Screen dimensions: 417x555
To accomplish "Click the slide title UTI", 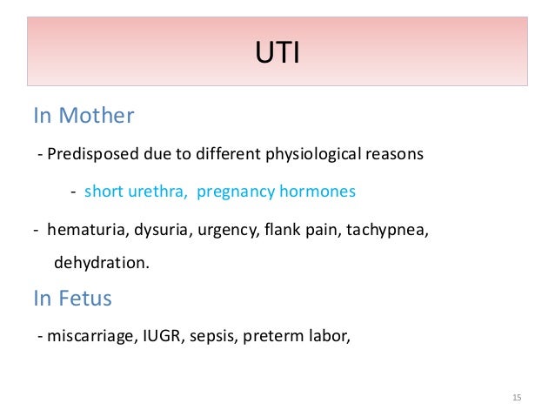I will click(x=277, y=57).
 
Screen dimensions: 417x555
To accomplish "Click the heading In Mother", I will click(x=84, y=116).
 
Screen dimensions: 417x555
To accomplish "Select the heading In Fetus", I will click(x=72, y=299).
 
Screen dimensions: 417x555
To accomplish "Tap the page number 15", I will click(x=517, y=398).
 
